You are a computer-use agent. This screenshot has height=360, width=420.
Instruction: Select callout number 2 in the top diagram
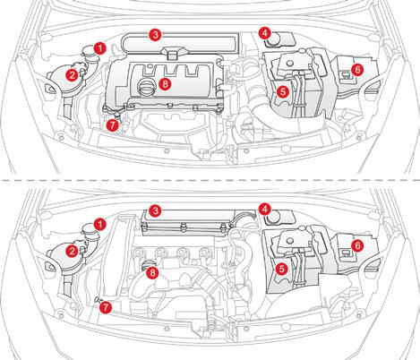71,75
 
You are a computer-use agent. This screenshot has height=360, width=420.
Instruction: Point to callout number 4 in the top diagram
264,33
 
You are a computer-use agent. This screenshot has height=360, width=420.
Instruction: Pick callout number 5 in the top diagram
282,91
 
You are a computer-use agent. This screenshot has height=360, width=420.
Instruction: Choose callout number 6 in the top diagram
357,69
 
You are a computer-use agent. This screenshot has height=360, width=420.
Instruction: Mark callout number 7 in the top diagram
111,126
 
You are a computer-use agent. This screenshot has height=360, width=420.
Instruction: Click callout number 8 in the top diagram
164,84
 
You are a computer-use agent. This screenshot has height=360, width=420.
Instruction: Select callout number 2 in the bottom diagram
71,252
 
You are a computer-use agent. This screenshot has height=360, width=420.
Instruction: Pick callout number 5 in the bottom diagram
282,268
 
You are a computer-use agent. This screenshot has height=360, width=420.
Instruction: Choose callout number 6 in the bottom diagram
357,245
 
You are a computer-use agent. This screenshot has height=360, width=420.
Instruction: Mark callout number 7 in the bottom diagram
106,307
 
